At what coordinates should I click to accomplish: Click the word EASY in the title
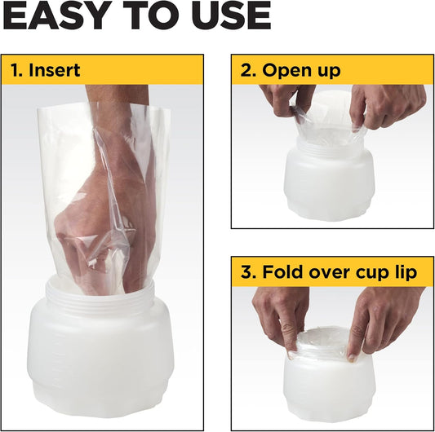[x=56, y=15]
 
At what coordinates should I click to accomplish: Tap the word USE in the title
[x=231, y=15]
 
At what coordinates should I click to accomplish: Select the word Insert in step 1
[x=55, y=70]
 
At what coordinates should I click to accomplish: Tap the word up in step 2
[x=331, y=73]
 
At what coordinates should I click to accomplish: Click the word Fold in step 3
[x=283, y=271]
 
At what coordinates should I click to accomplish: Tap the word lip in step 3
[x=406, y=273]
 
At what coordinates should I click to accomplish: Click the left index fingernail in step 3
[x=292, y=354]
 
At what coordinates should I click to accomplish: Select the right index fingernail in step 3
[x=352, y=358]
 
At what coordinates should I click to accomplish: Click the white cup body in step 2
[x=329, y=184]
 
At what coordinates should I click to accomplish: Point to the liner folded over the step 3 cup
[x=322, y=345]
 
